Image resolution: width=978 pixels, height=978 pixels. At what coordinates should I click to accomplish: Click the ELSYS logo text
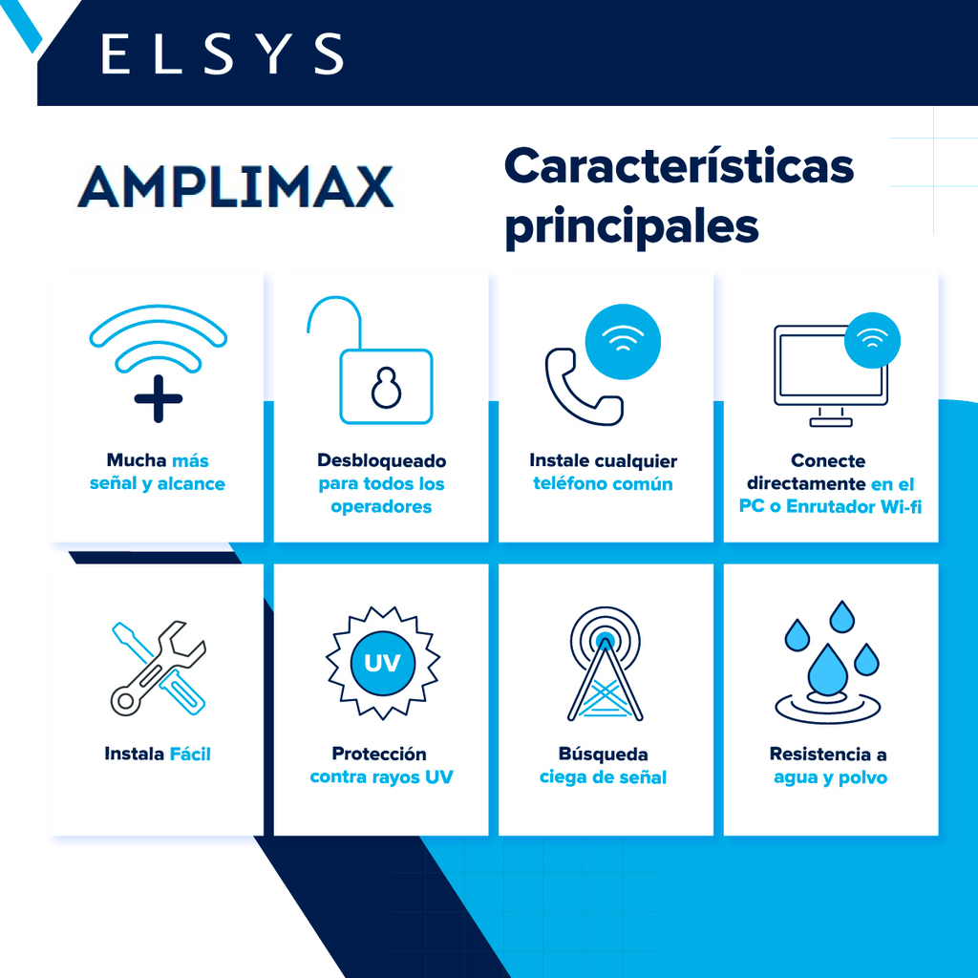pyautogui.click(x=222, y=53)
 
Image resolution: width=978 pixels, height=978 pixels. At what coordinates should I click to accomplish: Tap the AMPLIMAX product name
pyautogui.click(x=236, y=186)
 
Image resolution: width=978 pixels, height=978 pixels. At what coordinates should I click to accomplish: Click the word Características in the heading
pyautogui.click(x=679, y=166)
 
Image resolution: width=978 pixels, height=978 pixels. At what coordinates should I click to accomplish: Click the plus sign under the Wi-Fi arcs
pyautogui.click(x=159, y=398)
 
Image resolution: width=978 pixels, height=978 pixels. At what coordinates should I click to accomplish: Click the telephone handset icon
pyautogui.click(x=583, y=387)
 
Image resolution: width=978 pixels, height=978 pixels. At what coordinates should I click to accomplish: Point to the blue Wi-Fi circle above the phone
pyautogui.click(x=623, y=342)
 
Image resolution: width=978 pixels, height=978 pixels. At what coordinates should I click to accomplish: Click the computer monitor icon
pyautogui.click(x=830, y=375)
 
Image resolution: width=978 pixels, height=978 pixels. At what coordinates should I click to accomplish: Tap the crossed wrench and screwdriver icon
pyautogui.click(x=159, y=668)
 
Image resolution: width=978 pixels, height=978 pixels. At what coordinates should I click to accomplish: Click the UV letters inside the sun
pyautogui.click(x=382, y=663)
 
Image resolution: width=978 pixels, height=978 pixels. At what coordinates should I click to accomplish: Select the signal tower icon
pyautogui.click(x=605, y=664)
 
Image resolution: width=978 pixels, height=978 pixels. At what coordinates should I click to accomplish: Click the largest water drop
pyautogui.click(x=828, y=670)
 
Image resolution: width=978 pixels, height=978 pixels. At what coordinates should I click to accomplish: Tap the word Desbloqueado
pyautogui.click(x=382, y=460)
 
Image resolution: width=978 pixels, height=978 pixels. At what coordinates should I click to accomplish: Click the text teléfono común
pyautogui.click(x=604, y=483)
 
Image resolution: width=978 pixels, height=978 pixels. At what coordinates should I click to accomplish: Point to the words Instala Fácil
pyautogui.click(x=158, y=754)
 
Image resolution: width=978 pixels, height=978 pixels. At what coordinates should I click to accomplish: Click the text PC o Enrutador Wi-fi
pyautogui.click(x=830, y=506)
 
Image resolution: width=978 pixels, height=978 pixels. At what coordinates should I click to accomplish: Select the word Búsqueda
pyautogui.click(x=604, y=754)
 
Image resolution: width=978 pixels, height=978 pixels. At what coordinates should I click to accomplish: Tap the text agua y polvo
pyautogui.click(x=830, y=777)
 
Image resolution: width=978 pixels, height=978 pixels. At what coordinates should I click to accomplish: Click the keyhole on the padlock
pyautogui.click(x=386, y=388)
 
